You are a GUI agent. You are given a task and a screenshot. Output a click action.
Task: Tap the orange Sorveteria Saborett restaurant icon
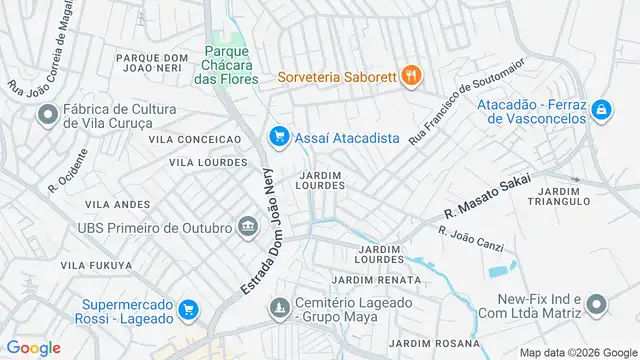tap(410, 75)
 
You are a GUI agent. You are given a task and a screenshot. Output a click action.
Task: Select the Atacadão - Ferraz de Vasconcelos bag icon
tap(601, 109)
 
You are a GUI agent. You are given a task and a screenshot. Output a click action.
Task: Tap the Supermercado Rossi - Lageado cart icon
tap(187, 310)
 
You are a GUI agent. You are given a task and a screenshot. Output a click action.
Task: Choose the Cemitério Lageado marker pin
tap(279, 309)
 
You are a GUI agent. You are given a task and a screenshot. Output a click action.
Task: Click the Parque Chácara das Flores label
tap(227, 65)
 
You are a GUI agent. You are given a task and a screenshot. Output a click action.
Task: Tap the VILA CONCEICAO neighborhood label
tap(195, 139)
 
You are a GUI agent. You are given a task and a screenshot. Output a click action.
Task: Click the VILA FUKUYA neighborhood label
tap(96, 265)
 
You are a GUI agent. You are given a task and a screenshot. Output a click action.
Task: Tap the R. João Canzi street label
tap(471, 236)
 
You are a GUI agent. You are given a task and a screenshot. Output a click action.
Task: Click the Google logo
tap(33, 347)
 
